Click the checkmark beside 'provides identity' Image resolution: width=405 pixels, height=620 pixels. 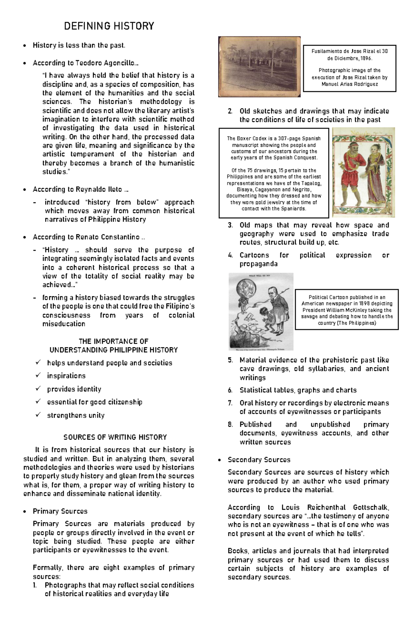[38, 389]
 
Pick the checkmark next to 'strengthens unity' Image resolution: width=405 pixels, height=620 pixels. [38, 415]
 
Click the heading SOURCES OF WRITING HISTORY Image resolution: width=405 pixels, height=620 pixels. [115, 437]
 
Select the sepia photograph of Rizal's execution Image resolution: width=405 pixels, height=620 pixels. [259, 67]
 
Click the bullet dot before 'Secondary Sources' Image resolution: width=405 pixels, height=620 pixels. [220, 460]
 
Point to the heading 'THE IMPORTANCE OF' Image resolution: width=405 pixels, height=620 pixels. [113, 341]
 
